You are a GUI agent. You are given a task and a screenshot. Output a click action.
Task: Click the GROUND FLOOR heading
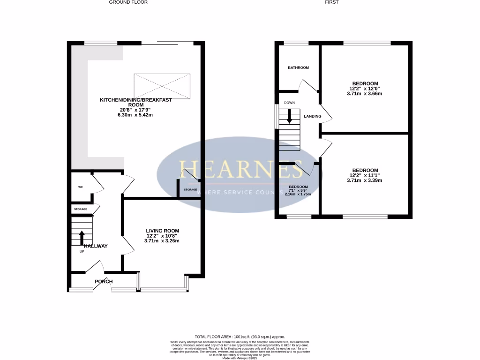click(128, 2)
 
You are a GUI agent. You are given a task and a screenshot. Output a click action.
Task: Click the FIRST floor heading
click(332, 2)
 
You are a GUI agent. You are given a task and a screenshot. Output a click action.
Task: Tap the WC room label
click(80, 187)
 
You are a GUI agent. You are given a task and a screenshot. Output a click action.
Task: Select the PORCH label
click(104, 282)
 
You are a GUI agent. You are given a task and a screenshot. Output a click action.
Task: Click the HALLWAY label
click(96, 246)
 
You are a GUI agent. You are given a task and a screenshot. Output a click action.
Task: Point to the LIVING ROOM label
click(162, 231)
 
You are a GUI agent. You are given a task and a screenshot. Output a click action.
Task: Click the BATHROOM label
click(298, 68)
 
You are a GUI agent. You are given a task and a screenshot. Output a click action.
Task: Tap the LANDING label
click(313, 116)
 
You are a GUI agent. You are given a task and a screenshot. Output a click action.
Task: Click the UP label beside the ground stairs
click(82, 251)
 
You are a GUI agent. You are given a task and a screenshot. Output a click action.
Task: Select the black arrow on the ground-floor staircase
click(82, 238)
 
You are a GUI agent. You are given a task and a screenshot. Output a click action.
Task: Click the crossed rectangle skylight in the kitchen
click(162, 86)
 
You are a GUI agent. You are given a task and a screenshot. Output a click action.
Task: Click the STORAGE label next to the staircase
click(80, 209)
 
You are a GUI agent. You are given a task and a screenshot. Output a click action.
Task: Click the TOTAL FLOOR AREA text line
click(240, 337)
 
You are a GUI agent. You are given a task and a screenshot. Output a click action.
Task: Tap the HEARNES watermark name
click(239, 169)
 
